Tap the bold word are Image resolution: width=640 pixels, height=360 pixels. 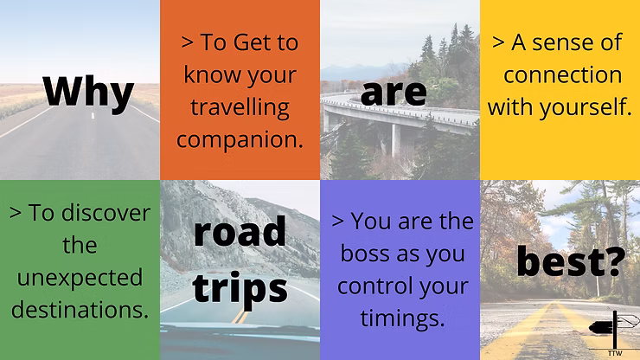pyautogui.click(x=394, y=93)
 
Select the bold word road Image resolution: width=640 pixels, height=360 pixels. pyautogui.click(x=240, y=231)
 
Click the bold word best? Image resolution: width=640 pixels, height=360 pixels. pyautogui.click(x=571, y=261)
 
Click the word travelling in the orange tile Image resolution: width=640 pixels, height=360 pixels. pyautogui.click(x=240, y=108)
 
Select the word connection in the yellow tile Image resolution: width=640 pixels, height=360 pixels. pyautogui.click(x=562, y=75)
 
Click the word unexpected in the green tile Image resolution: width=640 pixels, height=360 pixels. pyautogui.click(x=80, y=279)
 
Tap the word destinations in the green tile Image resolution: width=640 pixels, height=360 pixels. pyautogui.click(x=77, y=310)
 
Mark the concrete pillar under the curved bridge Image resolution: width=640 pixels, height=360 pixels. pyautogui.click(x=395, y=140)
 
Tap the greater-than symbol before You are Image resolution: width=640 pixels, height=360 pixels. pyautogui.click(x=337, y=221)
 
